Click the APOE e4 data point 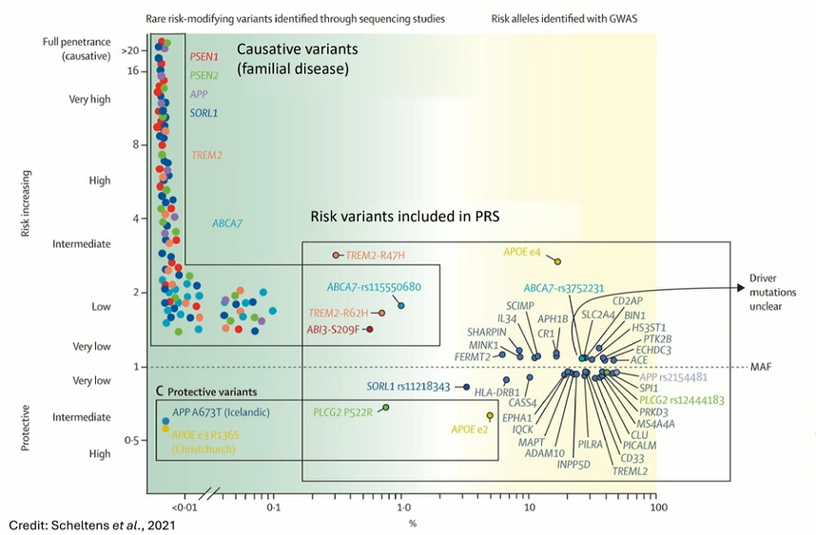[558, 261]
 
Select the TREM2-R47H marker [336, 256]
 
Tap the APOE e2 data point [490, 416]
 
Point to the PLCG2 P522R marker [385, 408]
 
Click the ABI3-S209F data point [369, 330]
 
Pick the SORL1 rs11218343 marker [465, 387]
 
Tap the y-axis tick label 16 [133, 71]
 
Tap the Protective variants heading [213, 392]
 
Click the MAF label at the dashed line [760, 367]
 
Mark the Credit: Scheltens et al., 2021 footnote [89, 525]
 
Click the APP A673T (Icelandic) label [221, 412]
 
